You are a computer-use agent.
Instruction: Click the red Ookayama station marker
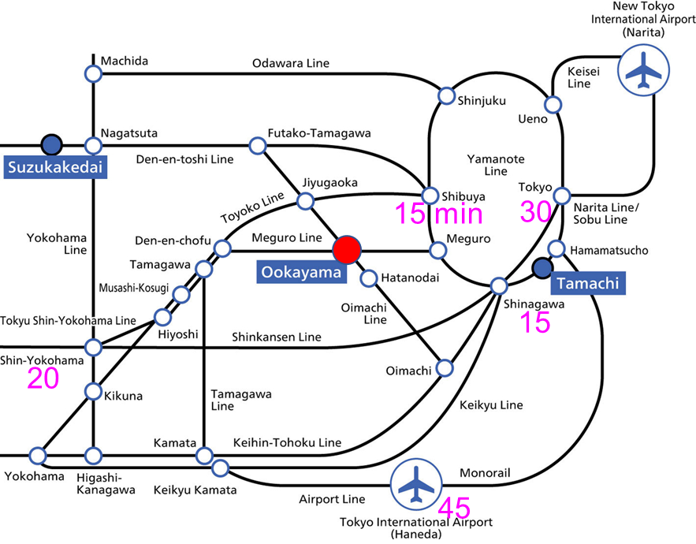(347, 250)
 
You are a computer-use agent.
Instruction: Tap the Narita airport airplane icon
(643, 70)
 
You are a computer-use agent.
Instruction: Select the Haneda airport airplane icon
(417, 484)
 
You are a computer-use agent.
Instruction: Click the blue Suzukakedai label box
(54, 167)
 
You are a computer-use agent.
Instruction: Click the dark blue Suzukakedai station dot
(51, 144)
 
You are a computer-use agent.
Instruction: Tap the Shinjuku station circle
(446, 95)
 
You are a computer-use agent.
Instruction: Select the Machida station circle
(93, 74)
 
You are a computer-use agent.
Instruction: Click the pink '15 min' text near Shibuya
(438, 214)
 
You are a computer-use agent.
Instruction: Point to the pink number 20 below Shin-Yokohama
(43, 378)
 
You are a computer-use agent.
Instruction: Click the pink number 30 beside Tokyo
(537, 212)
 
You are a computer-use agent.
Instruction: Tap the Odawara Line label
(291, 63)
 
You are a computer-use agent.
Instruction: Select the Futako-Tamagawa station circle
(258, 145)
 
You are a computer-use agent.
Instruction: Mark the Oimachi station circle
(445, 367)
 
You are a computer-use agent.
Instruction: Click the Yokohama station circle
(37, 455)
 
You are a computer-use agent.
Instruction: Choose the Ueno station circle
(553, 104)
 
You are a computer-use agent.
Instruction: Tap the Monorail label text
(485, 473)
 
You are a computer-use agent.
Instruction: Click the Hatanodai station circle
(368, 278)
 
